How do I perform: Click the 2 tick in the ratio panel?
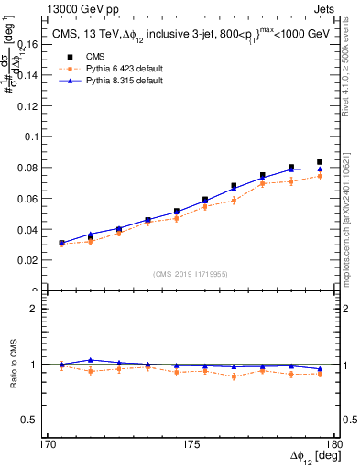coord(43,309)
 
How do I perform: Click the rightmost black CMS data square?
coord(320,162)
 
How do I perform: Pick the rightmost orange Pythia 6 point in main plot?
coord(320,176)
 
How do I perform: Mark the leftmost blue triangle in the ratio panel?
coord(61,364)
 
